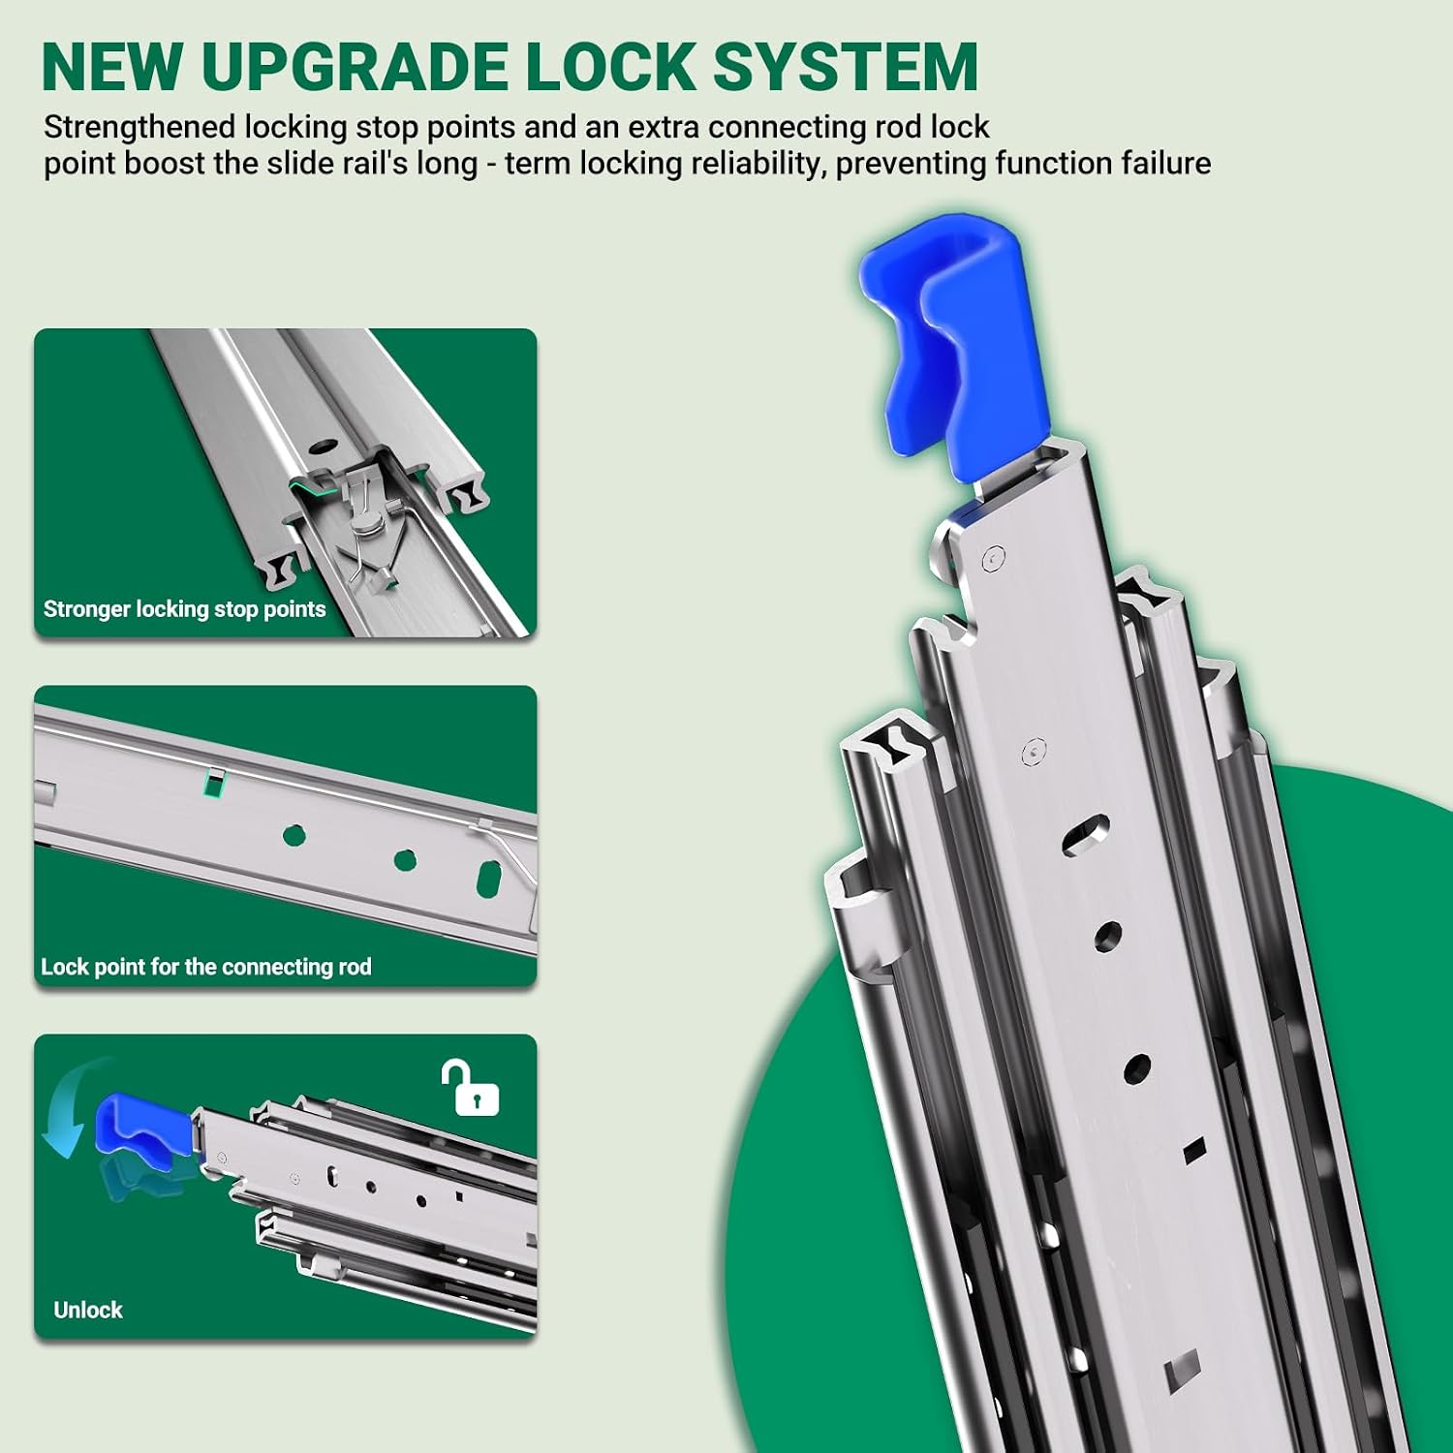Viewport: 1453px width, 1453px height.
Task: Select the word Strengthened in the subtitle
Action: click(139, 128)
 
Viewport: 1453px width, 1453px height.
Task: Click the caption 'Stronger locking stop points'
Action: click(184, 609)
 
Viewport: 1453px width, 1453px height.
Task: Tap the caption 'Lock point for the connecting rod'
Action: click(206, 967)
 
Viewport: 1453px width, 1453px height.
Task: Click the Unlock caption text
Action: click(88, 1310)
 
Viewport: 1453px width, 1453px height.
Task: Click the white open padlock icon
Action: click(471, 1088)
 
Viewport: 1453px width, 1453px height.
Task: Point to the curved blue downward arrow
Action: click(66, 1104)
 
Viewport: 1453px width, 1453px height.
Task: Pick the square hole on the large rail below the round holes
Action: click(1193, 1149)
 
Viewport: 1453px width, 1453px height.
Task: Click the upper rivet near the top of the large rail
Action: click(993, 558)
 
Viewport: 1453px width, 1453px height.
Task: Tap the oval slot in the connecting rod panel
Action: click(489, 877)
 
